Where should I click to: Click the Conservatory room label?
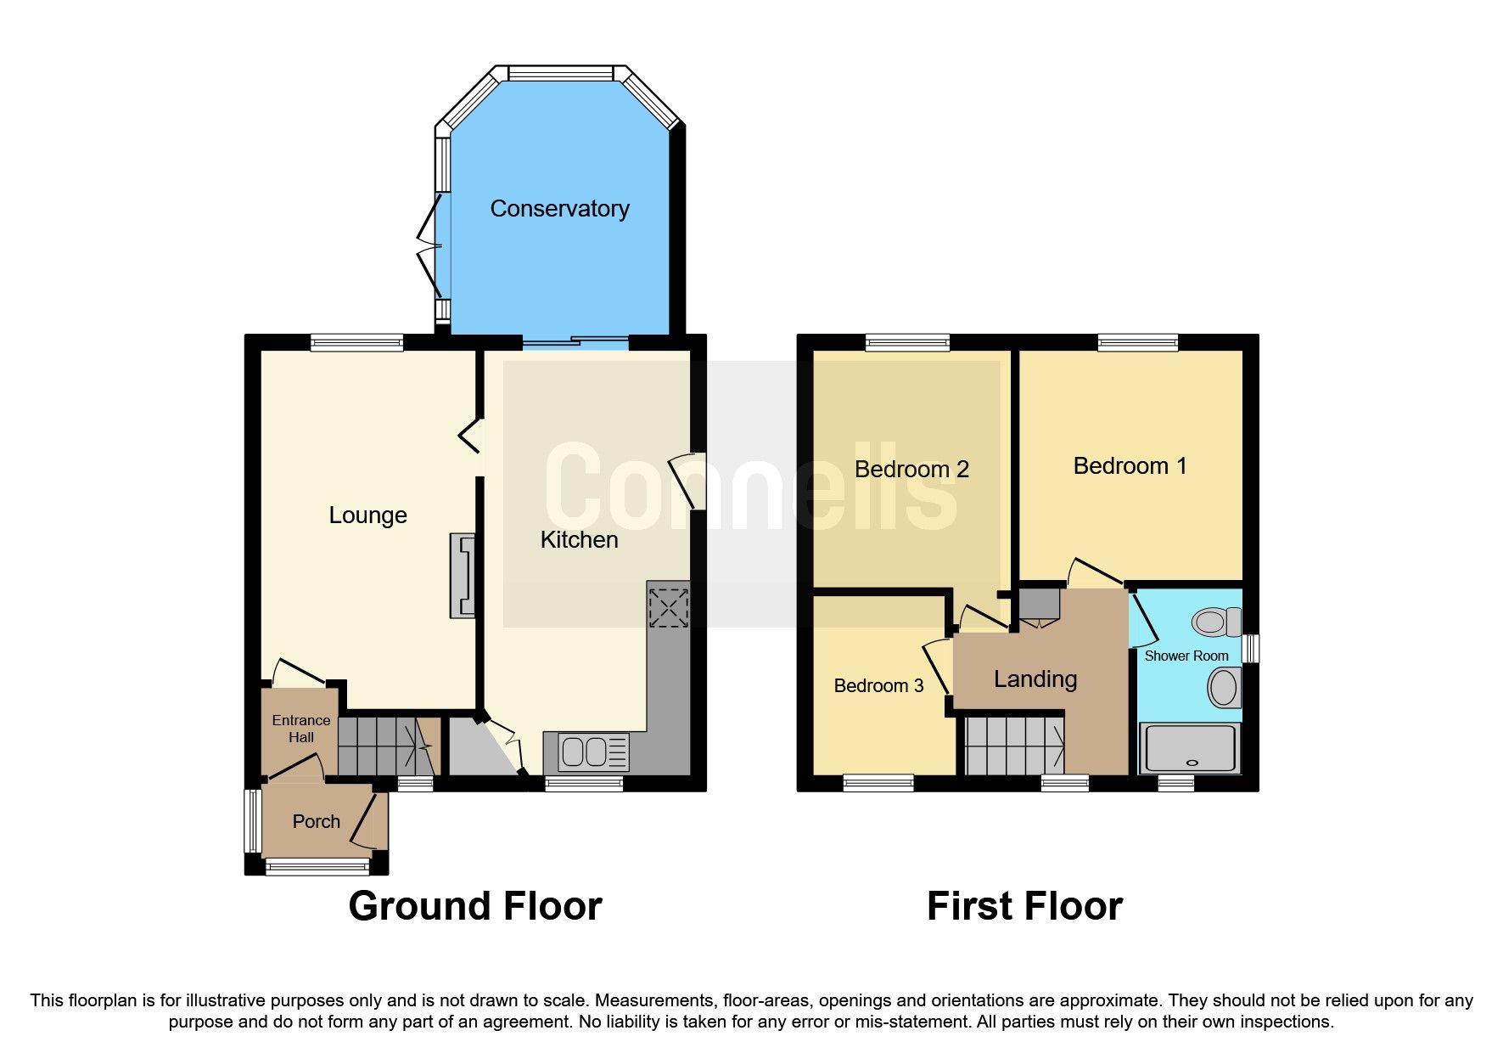coord(559,209)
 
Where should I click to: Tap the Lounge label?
coord(367,515)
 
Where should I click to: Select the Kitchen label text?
coord(579,540)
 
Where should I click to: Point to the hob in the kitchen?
coord(668,607)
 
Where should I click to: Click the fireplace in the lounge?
coord(463,575)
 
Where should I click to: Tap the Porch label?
coord(316,822)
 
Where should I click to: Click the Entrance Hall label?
coord(301,729)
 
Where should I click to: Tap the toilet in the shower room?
coord(1215,622)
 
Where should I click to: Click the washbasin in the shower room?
coord(1224,687)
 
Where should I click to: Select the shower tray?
coord(1189,748)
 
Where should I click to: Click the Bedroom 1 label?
coord(1130,466)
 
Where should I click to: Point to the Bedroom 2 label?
coord(911,470)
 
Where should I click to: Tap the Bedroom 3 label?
coord(878,686)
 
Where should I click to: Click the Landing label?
coord(1035,679)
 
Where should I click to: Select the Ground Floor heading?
coord(475,906)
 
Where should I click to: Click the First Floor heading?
coord(1024,906)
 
